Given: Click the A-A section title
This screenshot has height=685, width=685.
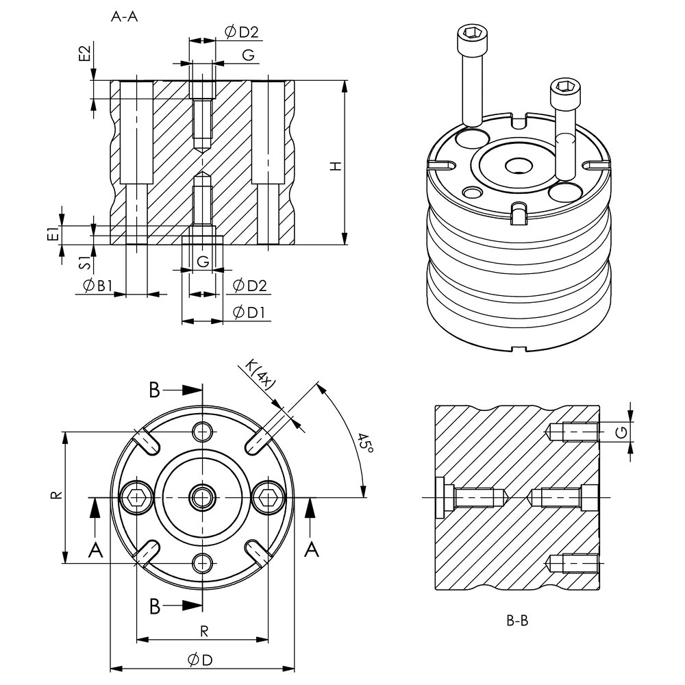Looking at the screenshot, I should click(x=124, y=18).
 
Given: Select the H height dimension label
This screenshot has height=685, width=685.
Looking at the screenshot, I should click(x=335, y=166).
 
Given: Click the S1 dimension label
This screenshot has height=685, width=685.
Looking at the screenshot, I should click(x=84, y=260).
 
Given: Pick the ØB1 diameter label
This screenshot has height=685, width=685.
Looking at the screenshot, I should click(x=96, y=286).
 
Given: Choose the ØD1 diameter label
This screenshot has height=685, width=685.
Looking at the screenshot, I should click(x=249, y=312).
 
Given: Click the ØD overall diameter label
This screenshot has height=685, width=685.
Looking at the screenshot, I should click(x=201, y=659).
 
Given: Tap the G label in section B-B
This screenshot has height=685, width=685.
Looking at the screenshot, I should click(x=621, y=432).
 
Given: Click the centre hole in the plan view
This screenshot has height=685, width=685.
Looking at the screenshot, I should click(x=202, y=497).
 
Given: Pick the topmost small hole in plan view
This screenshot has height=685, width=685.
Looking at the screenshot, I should click(x=202, y=431).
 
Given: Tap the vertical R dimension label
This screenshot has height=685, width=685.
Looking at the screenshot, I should click(x=58, y=495).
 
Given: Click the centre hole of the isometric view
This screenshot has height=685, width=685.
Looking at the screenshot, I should click(x=516, y=165).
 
